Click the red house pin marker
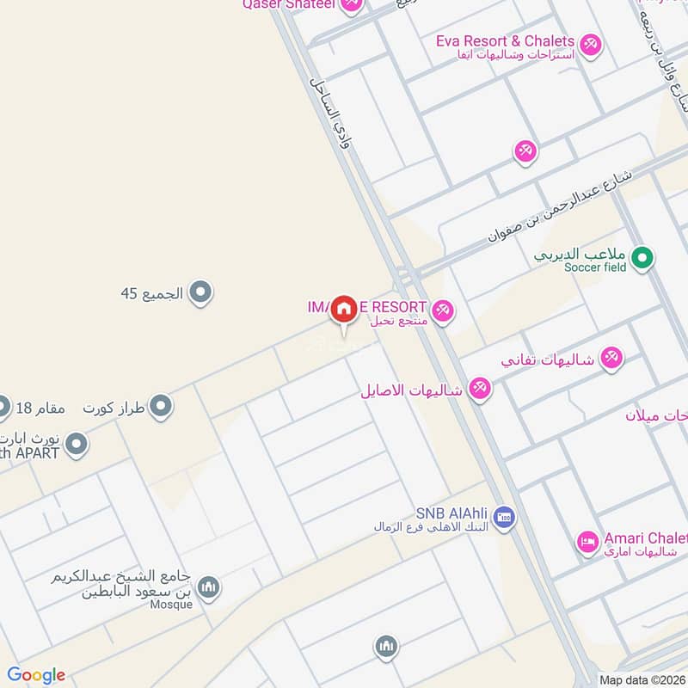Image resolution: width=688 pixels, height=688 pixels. pyautogui.click(x=344, y=308)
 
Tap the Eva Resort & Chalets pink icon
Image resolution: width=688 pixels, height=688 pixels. pyautogui.click(x=590, y=43)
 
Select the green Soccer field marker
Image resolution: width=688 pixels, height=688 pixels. pyautogui.click(x=642, y=256)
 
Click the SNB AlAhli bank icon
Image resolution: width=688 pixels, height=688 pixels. pyautogui.click(x=505, y=517)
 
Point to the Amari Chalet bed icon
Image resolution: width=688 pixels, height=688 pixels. pyautogui.click(x=587, y=543)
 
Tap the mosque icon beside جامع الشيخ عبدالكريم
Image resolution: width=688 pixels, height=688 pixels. pyautogui.click(x=208, y=588)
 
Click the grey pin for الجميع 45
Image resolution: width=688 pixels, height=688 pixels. pyautogui.click(x=201, y=293)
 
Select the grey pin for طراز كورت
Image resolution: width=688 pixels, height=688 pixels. pyautogui.click(x=161, y=406)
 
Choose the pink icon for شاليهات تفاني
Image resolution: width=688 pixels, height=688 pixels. pyautogui.click(x=611, y=358)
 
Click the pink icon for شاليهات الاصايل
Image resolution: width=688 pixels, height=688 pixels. pyautogui.click(x=480, y=389)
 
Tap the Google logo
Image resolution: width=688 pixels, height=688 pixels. pyautogui.click(x=36, y=675)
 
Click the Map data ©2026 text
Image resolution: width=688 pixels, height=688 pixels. pyautogui.click(x=642, y=679)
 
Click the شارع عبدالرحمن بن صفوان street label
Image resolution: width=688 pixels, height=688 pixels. pyautogui.click(x=560, y=206)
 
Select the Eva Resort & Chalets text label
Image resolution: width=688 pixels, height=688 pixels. pyautogui.click(x=505, y=40)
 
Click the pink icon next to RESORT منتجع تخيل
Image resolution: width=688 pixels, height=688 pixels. pyautogui.click(x=443, y=310)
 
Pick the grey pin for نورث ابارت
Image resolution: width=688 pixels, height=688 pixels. pyautogui.click(x=77, y=444)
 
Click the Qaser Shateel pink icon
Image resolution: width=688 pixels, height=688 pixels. pyautogui.click(x=351, y=5)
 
